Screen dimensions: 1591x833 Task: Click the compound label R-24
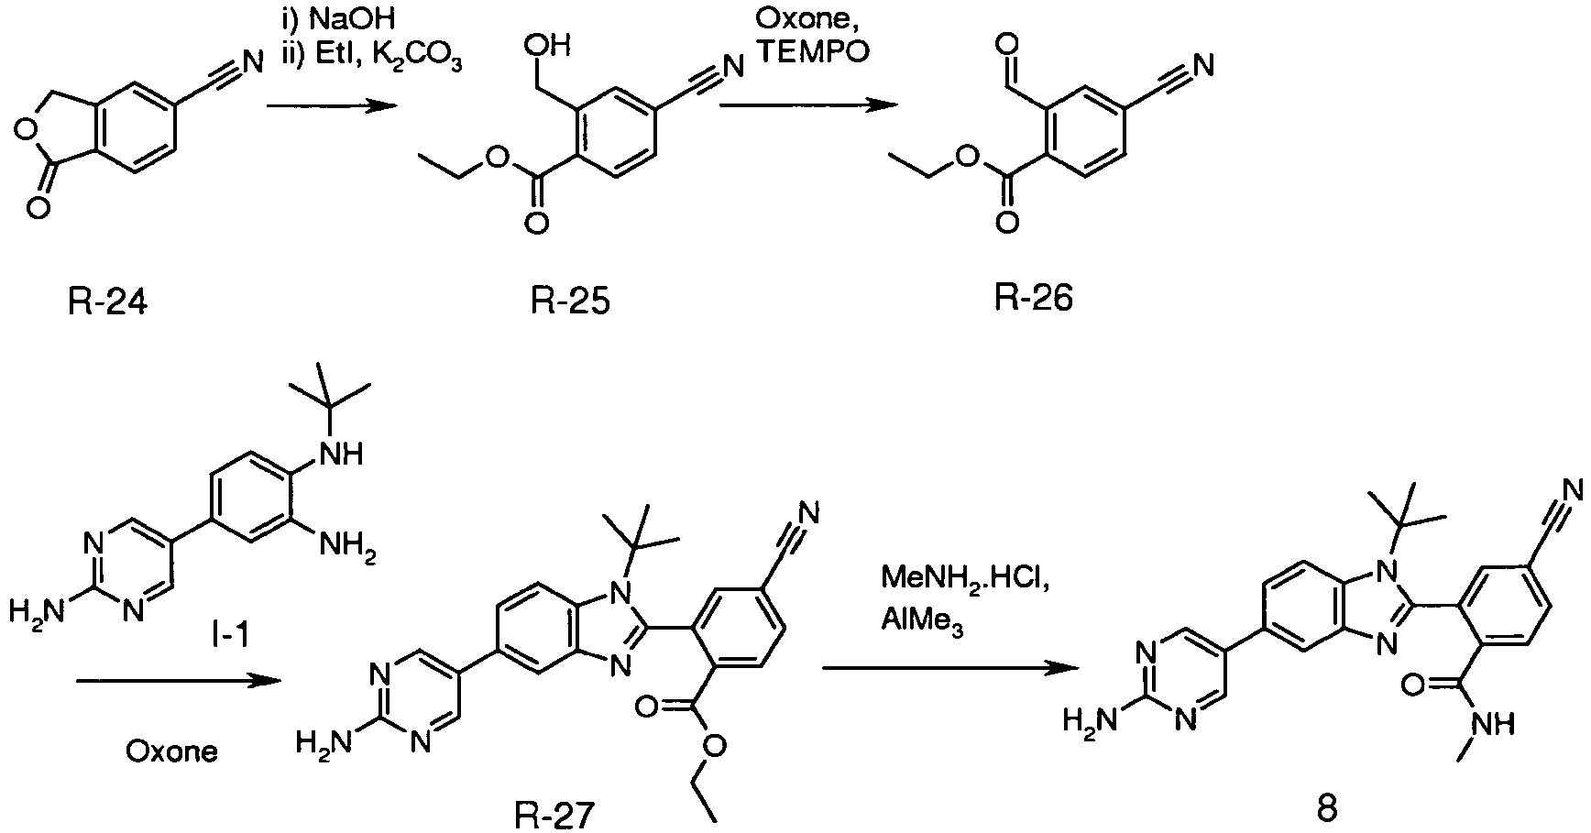[107, 300]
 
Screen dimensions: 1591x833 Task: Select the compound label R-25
[570, 300]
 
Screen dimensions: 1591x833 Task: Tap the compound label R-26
[1033, 298]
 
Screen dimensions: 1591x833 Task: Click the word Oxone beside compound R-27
[172, 753]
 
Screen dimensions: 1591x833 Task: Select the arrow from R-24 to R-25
[331, 107]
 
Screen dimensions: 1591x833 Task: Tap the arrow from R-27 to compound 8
[948, 669]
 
